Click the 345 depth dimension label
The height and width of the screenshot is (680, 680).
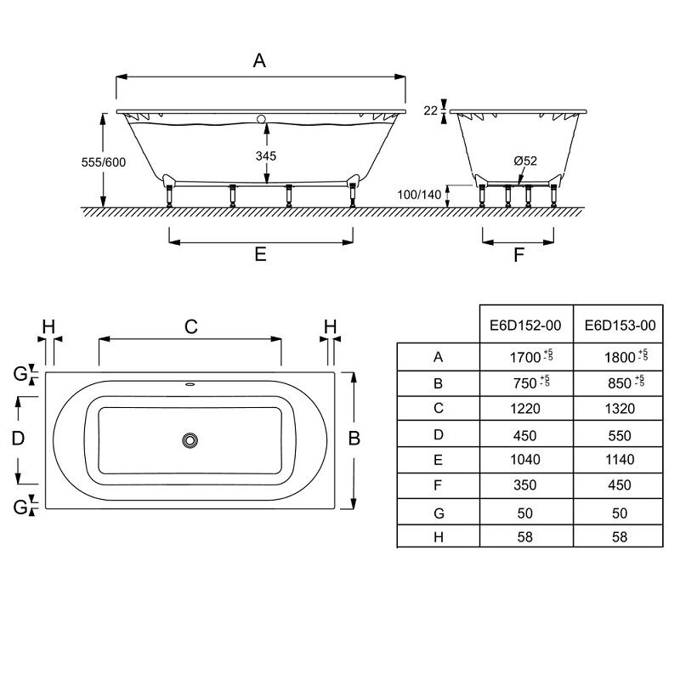[266, 156]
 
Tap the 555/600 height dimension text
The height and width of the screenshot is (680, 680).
[104, 162]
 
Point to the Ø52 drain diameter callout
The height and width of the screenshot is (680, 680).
[525, 161]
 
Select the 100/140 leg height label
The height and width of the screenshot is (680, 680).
[419, 195]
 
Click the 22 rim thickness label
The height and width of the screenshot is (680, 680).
[431, 110]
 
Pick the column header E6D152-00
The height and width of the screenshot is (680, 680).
[525, 326]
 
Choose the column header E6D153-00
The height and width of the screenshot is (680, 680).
[620, 326]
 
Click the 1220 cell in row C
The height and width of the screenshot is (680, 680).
[525, 409]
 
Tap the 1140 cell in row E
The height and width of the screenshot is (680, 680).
[620, 459]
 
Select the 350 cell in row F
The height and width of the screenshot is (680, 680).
[524, 484]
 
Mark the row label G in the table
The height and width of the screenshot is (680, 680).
[439, 513]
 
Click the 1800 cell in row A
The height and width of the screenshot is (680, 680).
[620, 357]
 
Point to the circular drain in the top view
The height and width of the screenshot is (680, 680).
[190, 440]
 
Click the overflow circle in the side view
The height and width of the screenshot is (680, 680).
[261, 119]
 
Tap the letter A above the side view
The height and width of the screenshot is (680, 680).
[259, 60]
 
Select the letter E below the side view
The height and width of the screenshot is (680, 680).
[260, 254]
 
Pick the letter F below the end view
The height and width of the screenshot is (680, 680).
[518, 255]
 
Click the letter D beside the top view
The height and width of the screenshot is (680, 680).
[18, 439]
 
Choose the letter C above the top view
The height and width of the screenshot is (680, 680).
[190, 326]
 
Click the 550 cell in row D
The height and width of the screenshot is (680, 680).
[620, 435]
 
